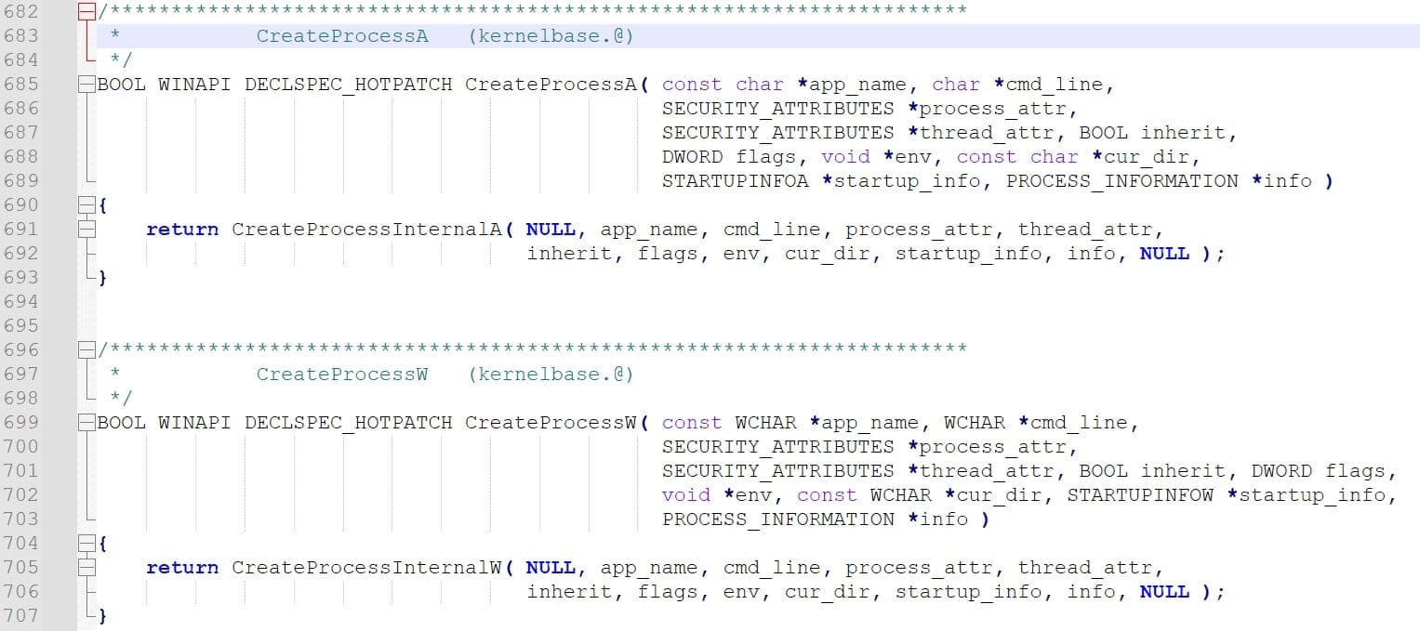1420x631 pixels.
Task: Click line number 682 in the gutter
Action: [x=20, y=11]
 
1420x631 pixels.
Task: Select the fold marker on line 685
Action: [x=86, y=85]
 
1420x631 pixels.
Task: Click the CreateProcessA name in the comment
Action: [x=342, y=36]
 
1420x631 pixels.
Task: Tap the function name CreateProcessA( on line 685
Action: [x=557, y=85]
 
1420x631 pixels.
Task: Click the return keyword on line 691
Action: [x=182, y=230]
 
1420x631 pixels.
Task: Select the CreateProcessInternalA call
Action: [x=366, y=230]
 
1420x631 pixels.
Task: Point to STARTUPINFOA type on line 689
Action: [x=736, y=181]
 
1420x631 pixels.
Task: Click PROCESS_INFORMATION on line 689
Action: [x=1122, y=181]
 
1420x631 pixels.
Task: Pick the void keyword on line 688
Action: [x=845, y=156]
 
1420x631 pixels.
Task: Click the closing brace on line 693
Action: [x=102, y=278]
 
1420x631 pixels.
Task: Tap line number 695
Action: [x=20, y=325]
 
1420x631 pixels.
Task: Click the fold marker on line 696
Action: [x=86, y=349]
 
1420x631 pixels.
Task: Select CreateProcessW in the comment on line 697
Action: [x=342, y=375]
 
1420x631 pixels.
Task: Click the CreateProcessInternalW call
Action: [x=366, y=568]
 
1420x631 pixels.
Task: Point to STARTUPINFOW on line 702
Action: [x=1140, y=494]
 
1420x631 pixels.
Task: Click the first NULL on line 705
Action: [x=551, y=568]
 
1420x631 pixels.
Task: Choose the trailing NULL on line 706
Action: [x=1164, y=592]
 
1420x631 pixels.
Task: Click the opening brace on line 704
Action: [x=102, y=544]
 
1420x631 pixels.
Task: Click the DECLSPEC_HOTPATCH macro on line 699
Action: [x=348, y=423]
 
